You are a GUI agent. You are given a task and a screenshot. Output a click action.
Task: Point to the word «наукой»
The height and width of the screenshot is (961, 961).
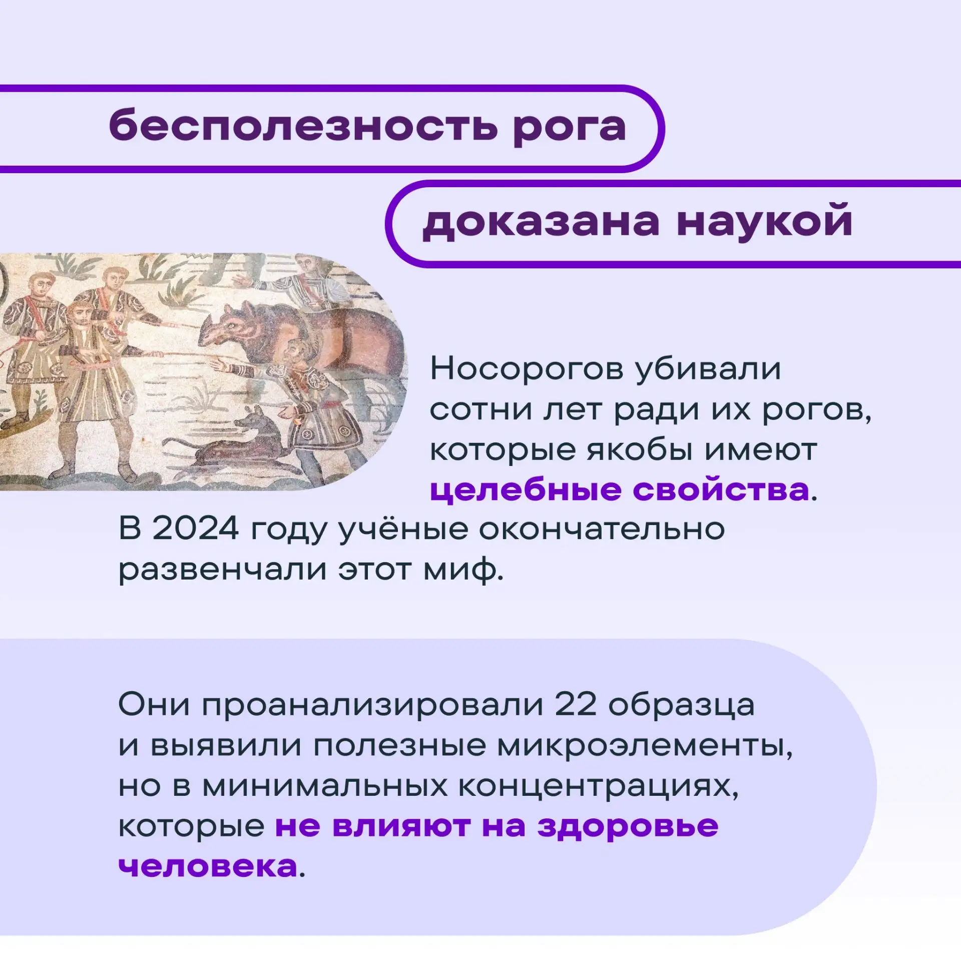764,220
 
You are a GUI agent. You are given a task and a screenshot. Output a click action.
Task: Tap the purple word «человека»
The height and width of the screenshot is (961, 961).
208,866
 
